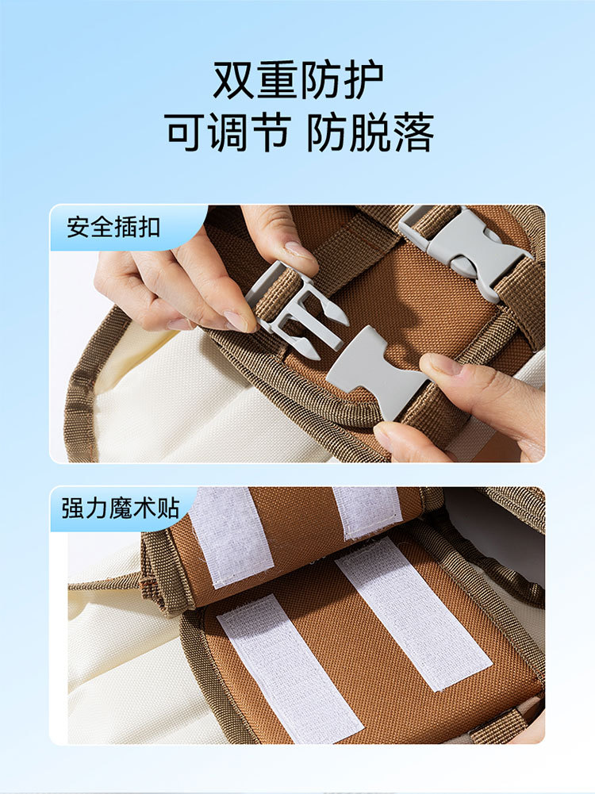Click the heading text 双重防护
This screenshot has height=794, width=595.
click(x=297, y=81)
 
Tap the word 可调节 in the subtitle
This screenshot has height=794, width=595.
click(x=227, y=132)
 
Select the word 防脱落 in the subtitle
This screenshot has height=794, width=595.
click(x=370, y=132)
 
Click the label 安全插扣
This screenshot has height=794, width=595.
click(x=113, y=228)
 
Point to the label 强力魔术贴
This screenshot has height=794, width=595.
click(x=121, y=508)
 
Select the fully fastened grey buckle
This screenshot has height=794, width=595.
click(x=464, y=250)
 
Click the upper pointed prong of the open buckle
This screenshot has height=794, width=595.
click(x=333, y=311)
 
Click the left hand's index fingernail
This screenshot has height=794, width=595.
click(x=235, y=320)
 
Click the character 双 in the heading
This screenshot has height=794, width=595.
click(x=234, y=81)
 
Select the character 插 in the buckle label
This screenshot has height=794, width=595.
click(x=125, y=228)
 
